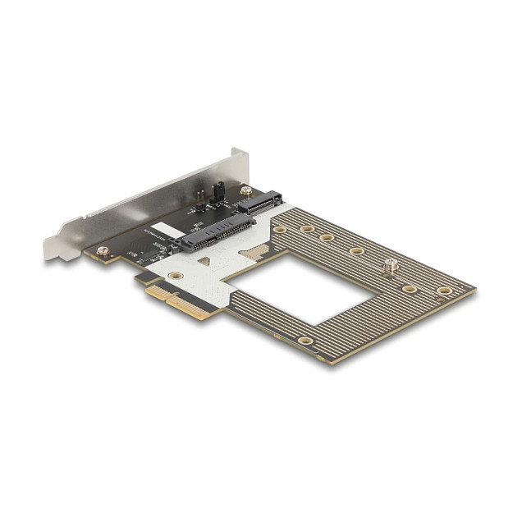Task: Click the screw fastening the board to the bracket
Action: coord(102,250)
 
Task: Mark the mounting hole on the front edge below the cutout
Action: coord(305,340)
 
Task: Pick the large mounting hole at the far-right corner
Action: coord(444,291)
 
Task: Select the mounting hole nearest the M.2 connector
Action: coord(281,229)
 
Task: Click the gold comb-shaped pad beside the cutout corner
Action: coord(257,251)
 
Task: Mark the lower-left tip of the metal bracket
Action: coord(51,255)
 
